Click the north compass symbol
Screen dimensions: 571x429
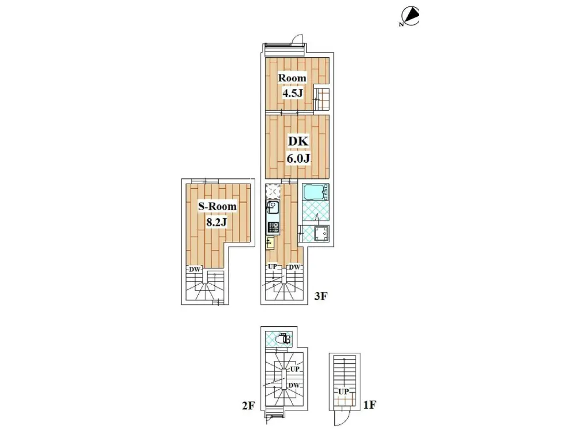(409, 17)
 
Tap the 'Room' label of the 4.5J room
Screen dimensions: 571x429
(292, 78)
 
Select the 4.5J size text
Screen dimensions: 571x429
(293, 93)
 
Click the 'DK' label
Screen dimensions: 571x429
(298, 141)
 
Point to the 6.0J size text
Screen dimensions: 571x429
(298, 158)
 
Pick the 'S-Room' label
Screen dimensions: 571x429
(218, 207)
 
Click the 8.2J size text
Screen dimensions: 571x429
(217, 222)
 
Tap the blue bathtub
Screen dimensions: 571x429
(315, 192)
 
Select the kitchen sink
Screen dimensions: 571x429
(273, 209)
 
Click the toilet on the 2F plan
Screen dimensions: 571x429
(283, 339)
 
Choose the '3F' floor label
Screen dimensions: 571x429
(321, 296)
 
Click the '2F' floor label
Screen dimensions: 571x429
(248, 406)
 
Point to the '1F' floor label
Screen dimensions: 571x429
(370, 405)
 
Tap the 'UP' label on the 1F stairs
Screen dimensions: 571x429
(344, 392)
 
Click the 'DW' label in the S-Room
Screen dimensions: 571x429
(195, 270)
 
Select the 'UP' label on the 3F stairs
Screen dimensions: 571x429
(273, 267)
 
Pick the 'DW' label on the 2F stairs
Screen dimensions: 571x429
(294, 385)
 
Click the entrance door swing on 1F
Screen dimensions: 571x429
(342, 419)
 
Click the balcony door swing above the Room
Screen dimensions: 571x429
(298, 39)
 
